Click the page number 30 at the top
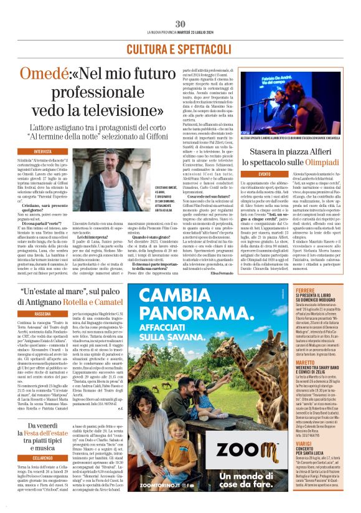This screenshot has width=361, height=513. point(180,24)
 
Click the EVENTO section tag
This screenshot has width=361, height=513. point(247,173)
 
